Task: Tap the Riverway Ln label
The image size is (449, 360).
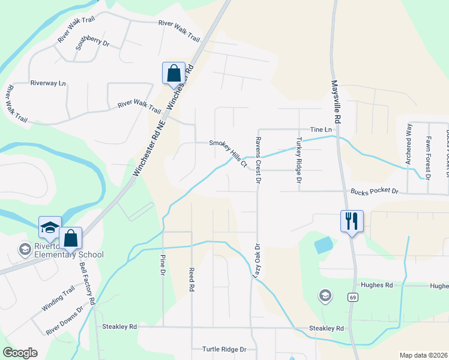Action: pos(48,83)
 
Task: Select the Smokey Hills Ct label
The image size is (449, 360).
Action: pos(228,152)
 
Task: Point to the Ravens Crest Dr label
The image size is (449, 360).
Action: pos(257,160)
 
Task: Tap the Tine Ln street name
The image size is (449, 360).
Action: pos(321,130)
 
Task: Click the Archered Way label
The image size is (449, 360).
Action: pos(409,144)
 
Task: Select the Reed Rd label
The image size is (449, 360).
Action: pos(191,280)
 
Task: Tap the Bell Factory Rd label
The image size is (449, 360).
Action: pos(88,284)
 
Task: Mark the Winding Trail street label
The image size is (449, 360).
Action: pos(58,298)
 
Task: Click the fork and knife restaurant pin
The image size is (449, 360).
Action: pos(351,221)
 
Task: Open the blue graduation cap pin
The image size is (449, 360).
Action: pos(50,227)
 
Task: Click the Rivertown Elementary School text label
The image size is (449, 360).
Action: pos(61,250)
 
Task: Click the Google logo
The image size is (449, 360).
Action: pos(20,352)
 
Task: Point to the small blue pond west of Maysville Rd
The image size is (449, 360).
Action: pos(323,244)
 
